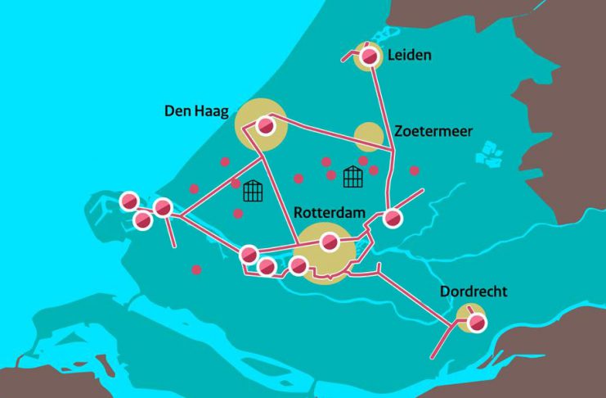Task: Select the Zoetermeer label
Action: (433, 131)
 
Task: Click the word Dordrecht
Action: (474, 292)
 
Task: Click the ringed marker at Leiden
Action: (370, 57)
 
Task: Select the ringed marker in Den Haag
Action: (264, 126)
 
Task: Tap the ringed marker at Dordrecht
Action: (475, 323)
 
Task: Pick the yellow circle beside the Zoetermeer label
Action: (369, 137)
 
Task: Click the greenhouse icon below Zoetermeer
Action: (352, 176)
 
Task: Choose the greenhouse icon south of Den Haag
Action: (253, 191)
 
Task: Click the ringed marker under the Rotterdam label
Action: (329, 242)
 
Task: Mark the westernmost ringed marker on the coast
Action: (129, 201)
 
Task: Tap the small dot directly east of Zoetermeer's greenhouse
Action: (374, 170)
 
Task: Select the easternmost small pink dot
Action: (415, 170)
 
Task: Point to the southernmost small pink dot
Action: (196, 269)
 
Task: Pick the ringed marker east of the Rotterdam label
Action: (393, 219)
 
